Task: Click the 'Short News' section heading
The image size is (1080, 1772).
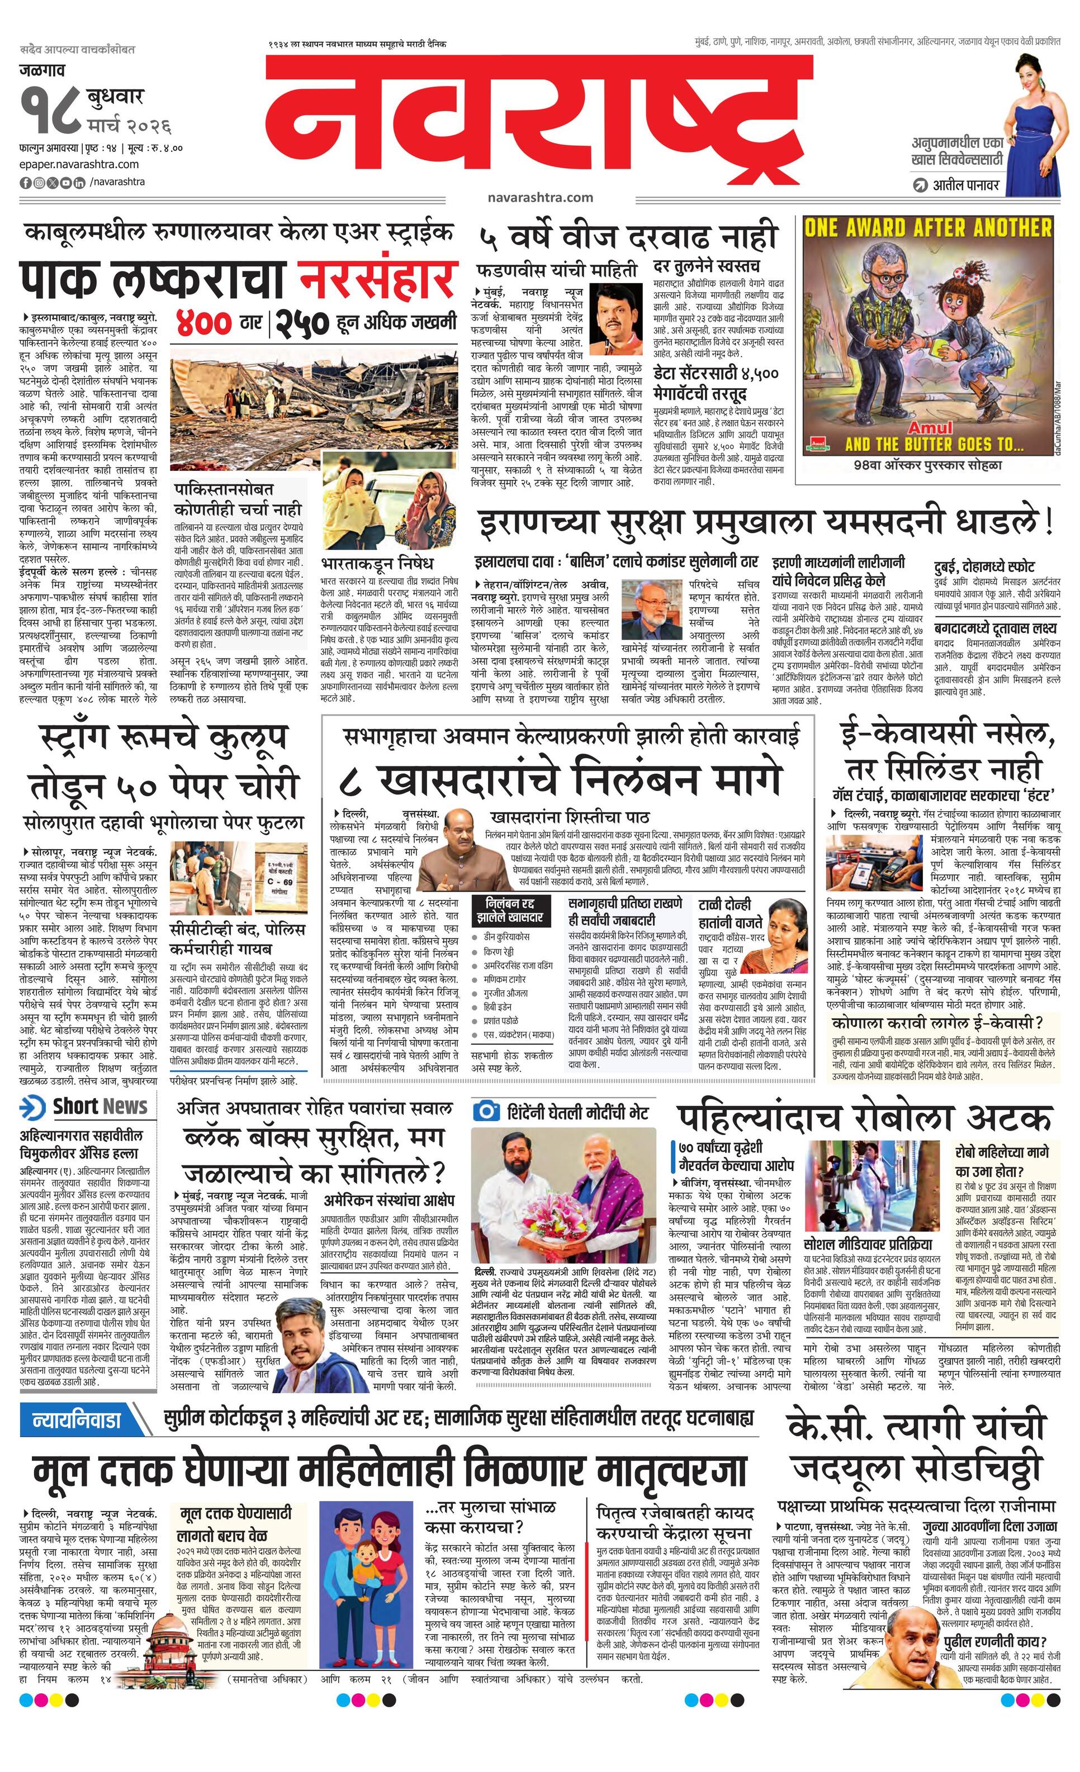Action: pos(100,1106)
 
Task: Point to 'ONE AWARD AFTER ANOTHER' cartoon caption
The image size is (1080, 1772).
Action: pos(927,228)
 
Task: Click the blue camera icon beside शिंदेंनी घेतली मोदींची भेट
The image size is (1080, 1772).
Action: pos(486,1111)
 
